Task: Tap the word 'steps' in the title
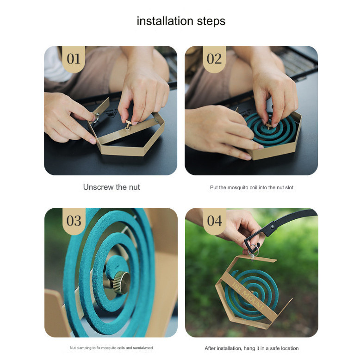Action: tap(211, 21)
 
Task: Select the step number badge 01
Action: tap(74, 59)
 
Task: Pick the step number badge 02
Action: tap(214, 59)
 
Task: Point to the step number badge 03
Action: tap(74, 221)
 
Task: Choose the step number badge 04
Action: tap(215, 221)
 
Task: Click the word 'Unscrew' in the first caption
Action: tap(98, 187)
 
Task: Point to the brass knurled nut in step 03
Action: tap(121, 283)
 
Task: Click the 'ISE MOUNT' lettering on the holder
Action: tap(248, 296)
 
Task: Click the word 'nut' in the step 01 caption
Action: tap(134, 187)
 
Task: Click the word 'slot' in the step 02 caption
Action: tap(289, 187)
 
